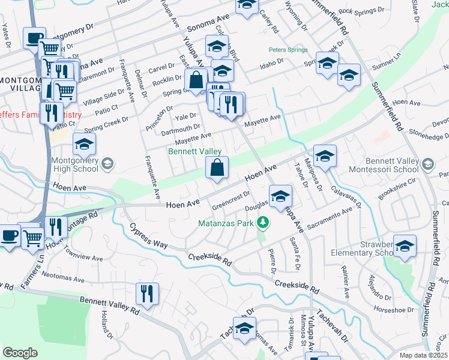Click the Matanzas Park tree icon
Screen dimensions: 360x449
pos(262,223)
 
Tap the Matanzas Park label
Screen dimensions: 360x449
pos(226,223)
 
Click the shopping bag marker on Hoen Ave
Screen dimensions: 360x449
pos(217,169)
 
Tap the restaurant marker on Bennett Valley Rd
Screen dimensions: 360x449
pos(147,294)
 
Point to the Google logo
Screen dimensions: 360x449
pos(20,353)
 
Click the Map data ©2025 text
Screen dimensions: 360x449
pos(423,355)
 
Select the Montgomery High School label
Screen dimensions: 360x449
pos(75,164)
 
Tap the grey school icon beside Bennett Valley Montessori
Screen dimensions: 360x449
pos(427,164)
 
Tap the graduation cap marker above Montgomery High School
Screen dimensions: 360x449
pos(84,143)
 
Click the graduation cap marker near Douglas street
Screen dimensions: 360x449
pos(280,196)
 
